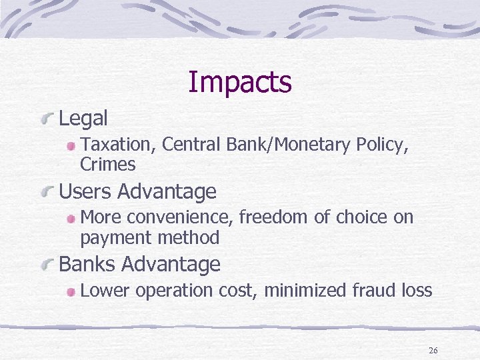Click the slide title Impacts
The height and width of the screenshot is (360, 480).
coord(240,83)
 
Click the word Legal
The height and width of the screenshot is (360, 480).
coord(83,119)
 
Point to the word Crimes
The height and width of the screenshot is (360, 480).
coord(107,164)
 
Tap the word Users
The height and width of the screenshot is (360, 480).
coord(86,192)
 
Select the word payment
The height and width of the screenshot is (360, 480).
coord(111,237)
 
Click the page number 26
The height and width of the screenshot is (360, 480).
coord(433,351)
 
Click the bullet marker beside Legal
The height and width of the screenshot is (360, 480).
coord(47,120)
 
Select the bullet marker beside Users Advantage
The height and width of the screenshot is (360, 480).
coord(47,193)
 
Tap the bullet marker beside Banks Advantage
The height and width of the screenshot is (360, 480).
coord(47,266)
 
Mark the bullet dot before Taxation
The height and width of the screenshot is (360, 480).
coord(70,145)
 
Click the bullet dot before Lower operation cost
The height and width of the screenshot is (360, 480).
coord(70,291)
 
